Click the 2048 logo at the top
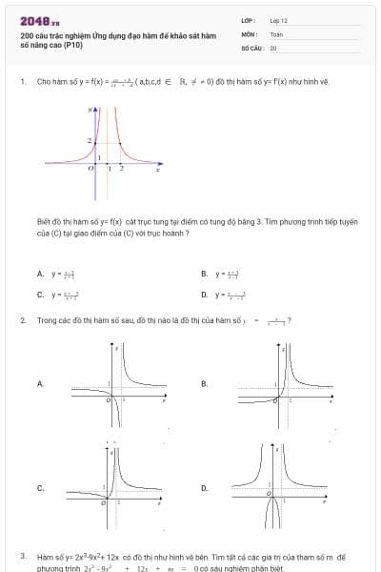pos(39,21)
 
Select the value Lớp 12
pos(278,19)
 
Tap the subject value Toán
pos(276,33)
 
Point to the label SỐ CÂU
pos(251,47)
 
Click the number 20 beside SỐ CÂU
pos(273,47)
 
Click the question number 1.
pos(22,82)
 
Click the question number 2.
pos(22,320)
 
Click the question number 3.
pos(22,555)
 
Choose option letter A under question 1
pos(40,274)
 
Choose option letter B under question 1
pos(204,274)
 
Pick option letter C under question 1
pos(40,295)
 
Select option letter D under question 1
pos(204,295)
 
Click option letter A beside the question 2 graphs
pos(40,383)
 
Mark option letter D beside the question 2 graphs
pos(204,488)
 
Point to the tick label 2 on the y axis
pos(90,141)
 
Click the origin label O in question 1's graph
pos(90,167)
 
